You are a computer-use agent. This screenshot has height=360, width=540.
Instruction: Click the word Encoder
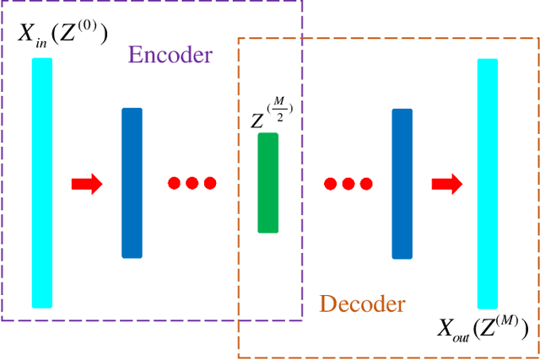click(170, 56)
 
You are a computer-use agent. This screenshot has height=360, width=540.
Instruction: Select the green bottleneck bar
click(267, 182)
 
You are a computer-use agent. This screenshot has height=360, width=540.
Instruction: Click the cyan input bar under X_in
click(42, 182)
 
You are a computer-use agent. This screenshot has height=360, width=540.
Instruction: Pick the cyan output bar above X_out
click(487, 184)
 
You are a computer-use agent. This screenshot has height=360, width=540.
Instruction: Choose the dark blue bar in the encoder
click(132, 182)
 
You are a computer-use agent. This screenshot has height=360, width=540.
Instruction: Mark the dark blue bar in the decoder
click(402, 182)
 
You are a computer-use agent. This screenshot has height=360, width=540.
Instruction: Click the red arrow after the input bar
click(87, 183)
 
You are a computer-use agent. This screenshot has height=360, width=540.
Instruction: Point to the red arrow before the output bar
click(446, 183)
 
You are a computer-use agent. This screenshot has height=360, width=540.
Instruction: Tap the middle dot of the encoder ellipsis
click(192, 183)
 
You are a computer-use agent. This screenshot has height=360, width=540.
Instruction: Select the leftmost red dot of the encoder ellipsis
click(175, 183)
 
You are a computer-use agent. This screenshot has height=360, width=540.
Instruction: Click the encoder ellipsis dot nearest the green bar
click(209, 183)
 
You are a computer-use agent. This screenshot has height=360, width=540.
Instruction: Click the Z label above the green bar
click(257, 121)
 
